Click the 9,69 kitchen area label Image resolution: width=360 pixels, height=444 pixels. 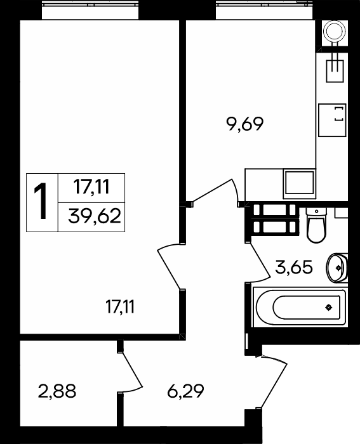pyautogui.click(x=245, y=124)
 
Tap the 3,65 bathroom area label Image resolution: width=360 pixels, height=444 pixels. pyautogui.click(x=294, y=267)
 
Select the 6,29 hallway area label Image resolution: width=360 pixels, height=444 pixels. pyautogui.click(x=185, y=391)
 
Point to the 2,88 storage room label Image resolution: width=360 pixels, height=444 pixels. pyautogui.click(x=57, y=391)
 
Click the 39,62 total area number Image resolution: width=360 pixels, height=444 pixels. pyautogui.click(x=95, y=216)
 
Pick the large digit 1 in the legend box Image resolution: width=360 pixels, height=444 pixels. pyautogui.click(x=41, y=202)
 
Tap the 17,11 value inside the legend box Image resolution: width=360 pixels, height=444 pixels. pyautogui.click(x=91, y=187)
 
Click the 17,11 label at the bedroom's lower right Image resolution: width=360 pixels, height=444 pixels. pyautogui.click(x=120, y=306)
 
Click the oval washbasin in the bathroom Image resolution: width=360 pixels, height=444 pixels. pyautogui.click(x=337, y=268)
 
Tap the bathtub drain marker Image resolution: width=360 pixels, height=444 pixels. pyautogui.click(x=328, y=307)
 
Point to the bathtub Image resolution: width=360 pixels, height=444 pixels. pyautogui.click(x=300, y=307)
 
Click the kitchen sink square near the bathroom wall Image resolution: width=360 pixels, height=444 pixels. pyautogui.click(x=300, y=183)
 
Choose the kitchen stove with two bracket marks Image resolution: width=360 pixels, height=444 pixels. pyautogui.click(x=332, y=120)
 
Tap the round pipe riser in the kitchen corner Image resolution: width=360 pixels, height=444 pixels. pyautogui.click(x=335, y=32)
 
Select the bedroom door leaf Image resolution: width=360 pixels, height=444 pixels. pyautogui.click(x=169, y=269)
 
